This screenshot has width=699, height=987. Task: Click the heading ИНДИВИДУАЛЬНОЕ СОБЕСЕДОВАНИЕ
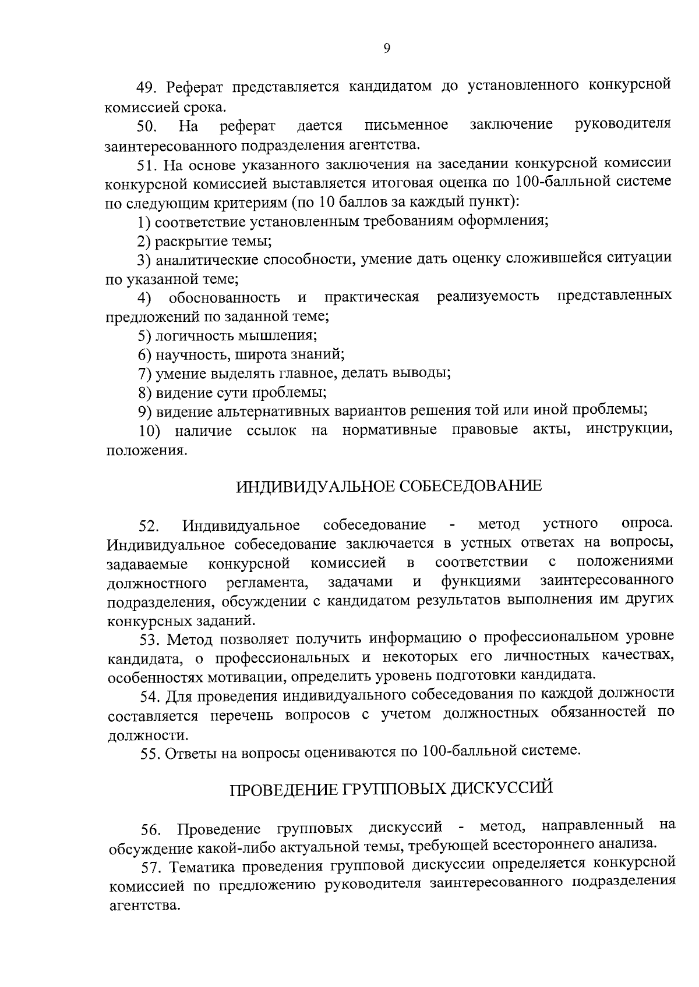[389, 486]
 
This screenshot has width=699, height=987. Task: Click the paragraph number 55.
[151, 754]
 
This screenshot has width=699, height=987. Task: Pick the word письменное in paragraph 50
[406, 125]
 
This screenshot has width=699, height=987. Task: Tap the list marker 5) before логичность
[145, 335]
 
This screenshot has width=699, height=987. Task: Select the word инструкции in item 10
[630, 430]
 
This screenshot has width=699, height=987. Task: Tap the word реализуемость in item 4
[488, 297]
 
